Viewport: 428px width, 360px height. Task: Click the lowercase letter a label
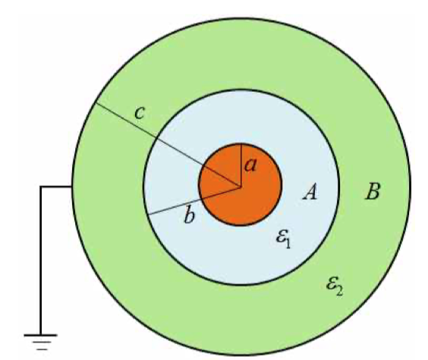250,166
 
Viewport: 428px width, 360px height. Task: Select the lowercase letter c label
140,113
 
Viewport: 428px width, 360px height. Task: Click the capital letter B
373,191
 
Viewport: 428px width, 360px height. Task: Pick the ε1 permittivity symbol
283,238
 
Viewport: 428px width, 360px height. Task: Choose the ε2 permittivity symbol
335,286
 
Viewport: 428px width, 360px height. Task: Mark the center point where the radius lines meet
241,187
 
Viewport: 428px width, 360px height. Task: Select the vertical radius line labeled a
241,166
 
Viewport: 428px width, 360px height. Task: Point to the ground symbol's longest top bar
40,335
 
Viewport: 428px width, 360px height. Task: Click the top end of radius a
241,144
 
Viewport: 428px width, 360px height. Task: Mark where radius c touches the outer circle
95,103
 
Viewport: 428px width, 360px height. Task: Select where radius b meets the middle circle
148,214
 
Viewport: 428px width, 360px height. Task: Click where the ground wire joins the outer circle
72,187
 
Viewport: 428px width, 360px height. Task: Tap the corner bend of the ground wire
41,187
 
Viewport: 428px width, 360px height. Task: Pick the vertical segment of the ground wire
41,261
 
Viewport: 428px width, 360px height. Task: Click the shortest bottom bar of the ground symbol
41,349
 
